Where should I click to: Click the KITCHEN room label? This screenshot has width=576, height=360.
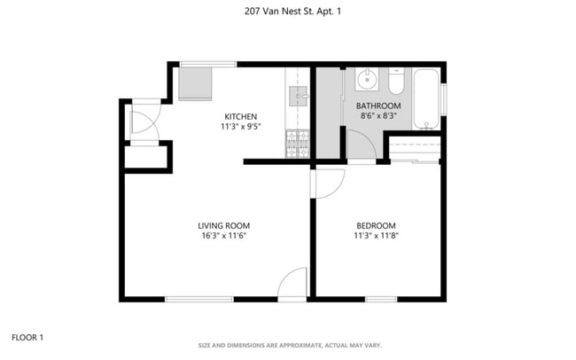pyautogui.click(x=240, y=116)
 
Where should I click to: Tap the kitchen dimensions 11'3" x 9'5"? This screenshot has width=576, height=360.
pyautogui.click(x=240, y=127)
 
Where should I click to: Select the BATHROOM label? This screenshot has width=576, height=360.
pyautogui.click(x=378, y=106)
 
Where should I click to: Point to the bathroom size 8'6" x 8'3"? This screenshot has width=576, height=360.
pyautogui.click(x=378, y=116)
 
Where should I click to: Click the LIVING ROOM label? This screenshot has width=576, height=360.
pyautogui.click(x=223, y=225)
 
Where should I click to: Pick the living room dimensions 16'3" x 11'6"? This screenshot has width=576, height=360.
pyautogui.click(x=223, y=236)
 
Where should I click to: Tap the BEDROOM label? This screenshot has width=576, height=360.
pyautogui.click(x=376, y=225)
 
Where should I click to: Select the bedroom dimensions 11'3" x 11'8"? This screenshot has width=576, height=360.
pyautogui.click(x=376, y=236)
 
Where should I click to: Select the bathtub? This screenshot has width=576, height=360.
pyautogui.click(x=427, y=98)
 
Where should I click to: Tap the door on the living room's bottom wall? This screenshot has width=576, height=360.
pyautogui.click(x=292, y=286)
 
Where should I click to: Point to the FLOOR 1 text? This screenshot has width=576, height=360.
pyautogui.click(x=27, y=337)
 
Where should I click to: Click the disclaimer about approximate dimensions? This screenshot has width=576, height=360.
pyautogui.click(x=288, y=345)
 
